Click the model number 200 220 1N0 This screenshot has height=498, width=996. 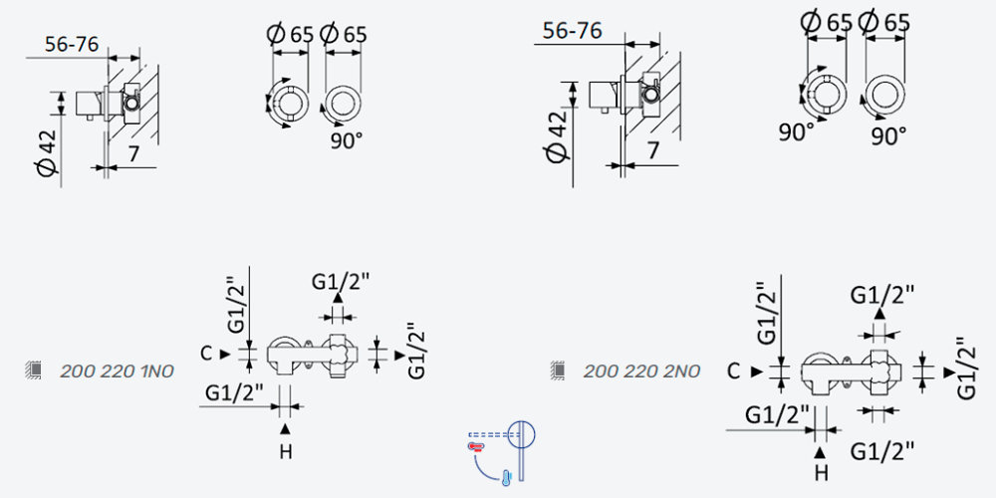point(117,371)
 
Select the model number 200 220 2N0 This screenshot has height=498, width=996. point(641,371)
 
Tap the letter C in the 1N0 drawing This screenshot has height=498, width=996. point(205,354)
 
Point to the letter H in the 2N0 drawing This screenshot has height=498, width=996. point(822,472)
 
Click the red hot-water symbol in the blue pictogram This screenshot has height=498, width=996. point(476,447)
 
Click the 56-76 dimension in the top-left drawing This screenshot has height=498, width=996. point(72,46)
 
